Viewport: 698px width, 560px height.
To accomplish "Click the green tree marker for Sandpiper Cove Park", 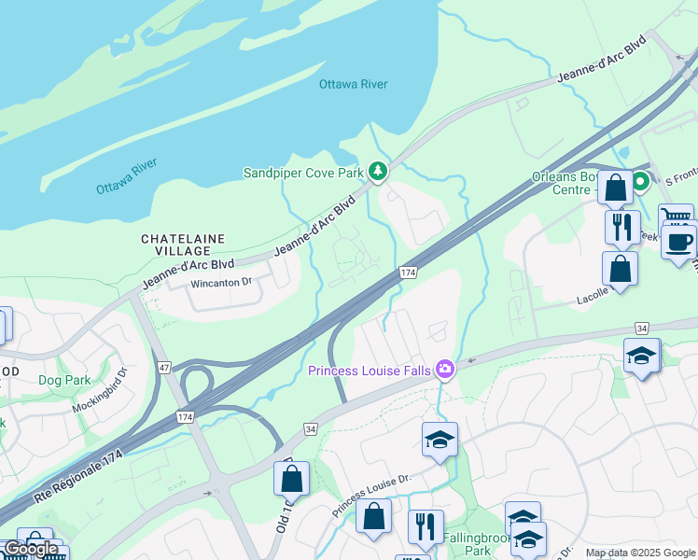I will [x=377, y=171].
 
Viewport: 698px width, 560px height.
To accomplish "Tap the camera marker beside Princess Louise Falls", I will [x=444, y=370].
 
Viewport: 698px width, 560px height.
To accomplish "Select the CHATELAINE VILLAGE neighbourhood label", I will [x=183, y=245].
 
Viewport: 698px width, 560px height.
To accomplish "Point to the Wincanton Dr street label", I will [x=221, y=282].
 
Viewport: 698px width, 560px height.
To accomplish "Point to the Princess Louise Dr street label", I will [x=370, y=495].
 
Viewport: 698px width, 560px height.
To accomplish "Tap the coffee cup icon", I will [x=678, y=241].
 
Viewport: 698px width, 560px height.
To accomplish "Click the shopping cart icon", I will [x=676, y=217].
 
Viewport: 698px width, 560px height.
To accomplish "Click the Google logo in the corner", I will [x=30, y=549].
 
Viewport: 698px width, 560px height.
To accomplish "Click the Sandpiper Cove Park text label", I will [x=302, y=173].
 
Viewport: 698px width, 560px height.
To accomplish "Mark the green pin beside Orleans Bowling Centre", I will [x=640, y=181].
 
